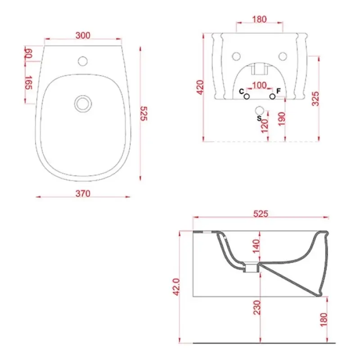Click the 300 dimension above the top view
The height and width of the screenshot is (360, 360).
pos(83,36)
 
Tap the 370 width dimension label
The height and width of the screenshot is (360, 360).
pos(83,193)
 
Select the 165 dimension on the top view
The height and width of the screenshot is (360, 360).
pos(29,82)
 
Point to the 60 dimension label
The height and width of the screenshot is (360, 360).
pos(29,53)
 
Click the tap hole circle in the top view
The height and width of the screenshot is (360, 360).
pos(83,61)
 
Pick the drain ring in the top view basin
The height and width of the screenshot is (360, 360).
pos(83,103)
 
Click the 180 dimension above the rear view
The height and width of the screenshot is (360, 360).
pos(260,19)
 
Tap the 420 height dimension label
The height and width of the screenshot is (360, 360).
pos(200,87)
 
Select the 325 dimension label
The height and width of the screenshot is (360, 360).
pos(315,99)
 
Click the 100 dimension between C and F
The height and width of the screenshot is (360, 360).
pos(260,85)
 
